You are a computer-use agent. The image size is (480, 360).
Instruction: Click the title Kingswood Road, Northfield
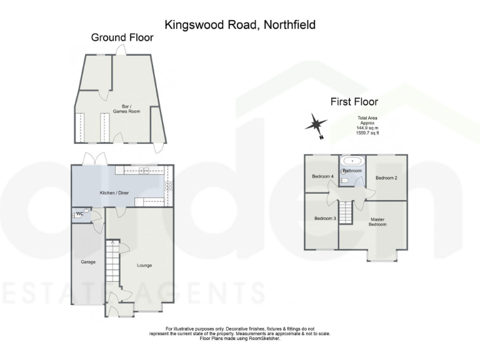240,25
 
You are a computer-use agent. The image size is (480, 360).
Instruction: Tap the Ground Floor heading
122,37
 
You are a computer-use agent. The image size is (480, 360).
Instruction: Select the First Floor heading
354,102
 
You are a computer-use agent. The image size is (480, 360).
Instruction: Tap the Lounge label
145,266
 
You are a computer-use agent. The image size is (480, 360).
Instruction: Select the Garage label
88,262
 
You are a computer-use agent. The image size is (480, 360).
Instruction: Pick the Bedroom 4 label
323,177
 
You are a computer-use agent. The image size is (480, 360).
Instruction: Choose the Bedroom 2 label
386,178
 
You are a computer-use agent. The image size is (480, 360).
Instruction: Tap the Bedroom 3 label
325,218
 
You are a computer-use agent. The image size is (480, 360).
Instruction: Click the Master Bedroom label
377,222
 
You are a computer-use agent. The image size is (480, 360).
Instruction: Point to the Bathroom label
352,171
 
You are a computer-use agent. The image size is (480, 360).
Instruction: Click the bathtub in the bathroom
352,161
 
